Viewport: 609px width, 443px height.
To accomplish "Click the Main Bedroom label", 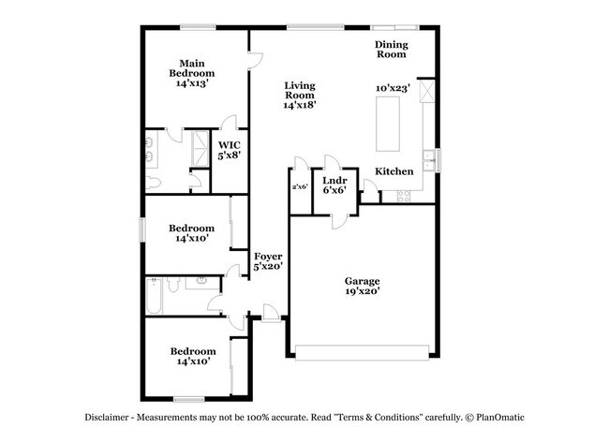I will pyautogui.click(x=192, y=66).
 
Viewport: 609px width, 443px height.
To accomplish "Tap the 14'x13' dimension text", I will pyautogui.click(x=192, y=83).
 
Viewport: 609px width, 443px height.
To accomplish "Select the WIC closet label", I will pyautogui.click(x=229, y=144).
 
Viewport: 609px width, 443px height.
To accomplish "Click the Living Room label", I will pyautogui.click(x=299, y=90).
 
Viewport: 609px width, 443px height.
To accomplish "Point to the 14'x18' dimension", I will pyautogui.click(x=299, y=105).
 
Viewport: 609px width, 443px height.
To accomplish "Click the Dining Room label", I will pyautogui.click(x=391, y=50).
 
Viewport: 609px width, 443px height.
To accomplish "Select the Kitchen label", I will pyautogui.click(x=394, y=171).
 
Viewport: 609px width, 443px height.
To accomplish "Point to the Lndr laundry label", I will pyautogui.click(x=334, y=180).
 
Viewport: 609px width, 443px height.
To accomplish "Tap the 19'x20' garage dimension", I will pyautogui.click(x=361, y=291).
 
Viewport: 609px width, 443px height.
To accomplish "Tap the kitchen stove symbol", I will pyautogui.click(x=405, y=196).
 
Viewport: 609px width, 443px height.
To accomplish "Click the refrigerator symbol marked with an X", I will pyautogui.click(x=427, y=92).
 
